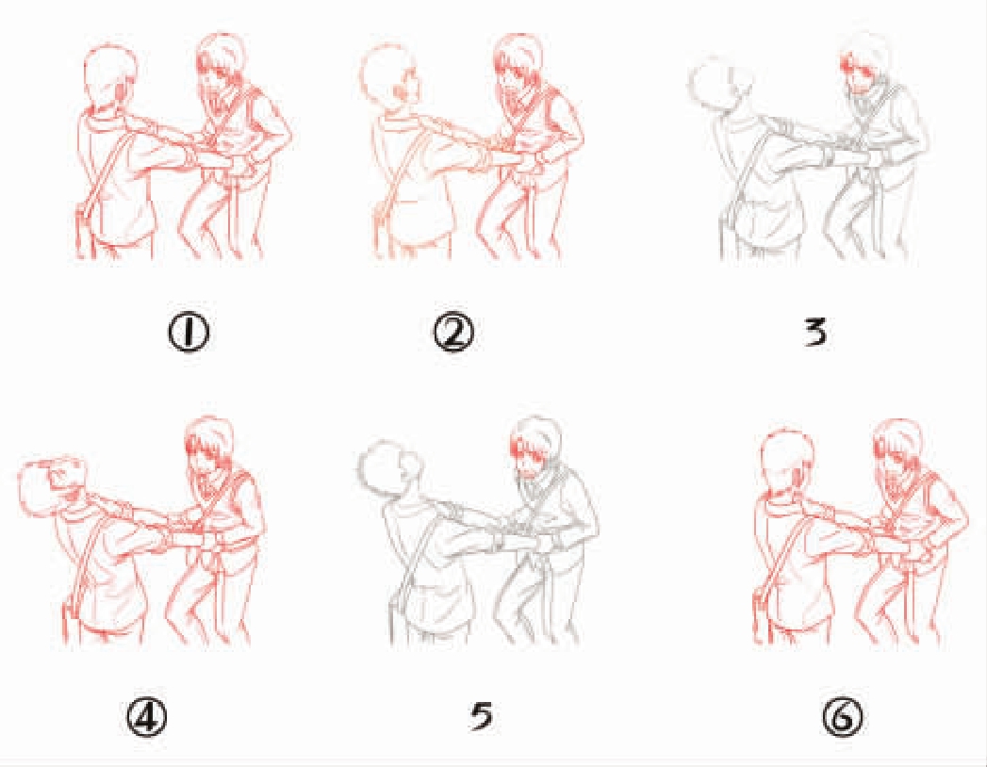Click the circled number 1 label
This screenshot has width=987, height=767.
[189, 333]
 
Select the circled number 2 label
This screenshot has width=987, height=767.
[454, 333]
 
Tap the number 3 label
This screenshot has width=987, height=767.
[815, 333]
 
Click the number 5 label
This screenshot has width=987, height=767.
[482, 716]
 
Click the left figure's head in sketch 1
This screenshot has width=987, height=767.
[110, 75]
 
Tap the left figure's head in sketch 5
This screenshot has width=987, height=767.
[387, 466]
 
